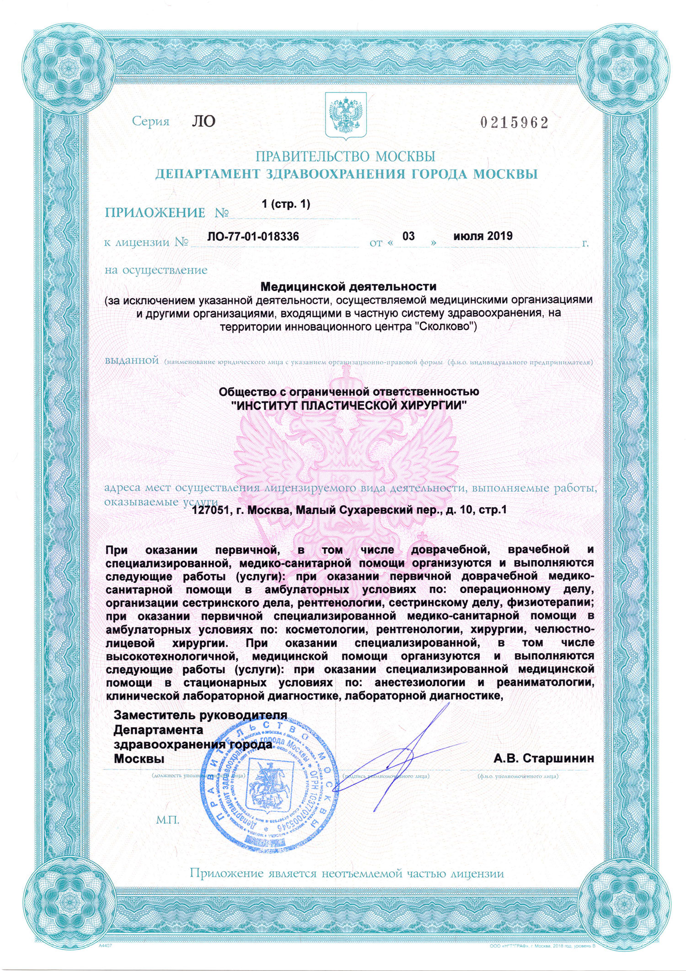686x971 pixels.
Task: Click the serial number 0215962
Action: tap(514, 123)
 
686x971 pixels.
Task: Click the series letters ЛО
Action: tap(203, 121)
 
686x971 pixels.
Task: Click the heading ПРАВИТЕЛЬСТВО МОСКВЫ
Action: tap(345, 156)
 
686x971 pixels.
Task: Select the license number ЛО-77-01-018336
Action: tap(253, 236)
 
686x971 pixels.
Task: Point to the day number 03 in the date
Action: tap(408, 236)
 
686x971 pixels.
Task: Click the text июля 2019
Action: tap(482, 236)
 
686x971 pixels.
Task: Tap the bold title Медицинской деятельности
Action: tap(348, 286)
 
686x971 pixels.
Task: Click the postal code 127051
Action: tap(210, 510)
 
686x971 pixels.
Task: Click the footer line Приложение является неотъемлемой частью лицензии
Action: tap(347, 873)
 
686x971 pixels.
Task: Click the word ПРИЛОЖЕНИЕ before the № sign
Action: tap(155, 213)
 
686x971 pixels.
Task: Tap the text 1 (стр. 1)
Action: tap(286, 204)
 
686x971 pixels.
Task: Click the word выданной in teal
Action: tap(132, 360)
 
